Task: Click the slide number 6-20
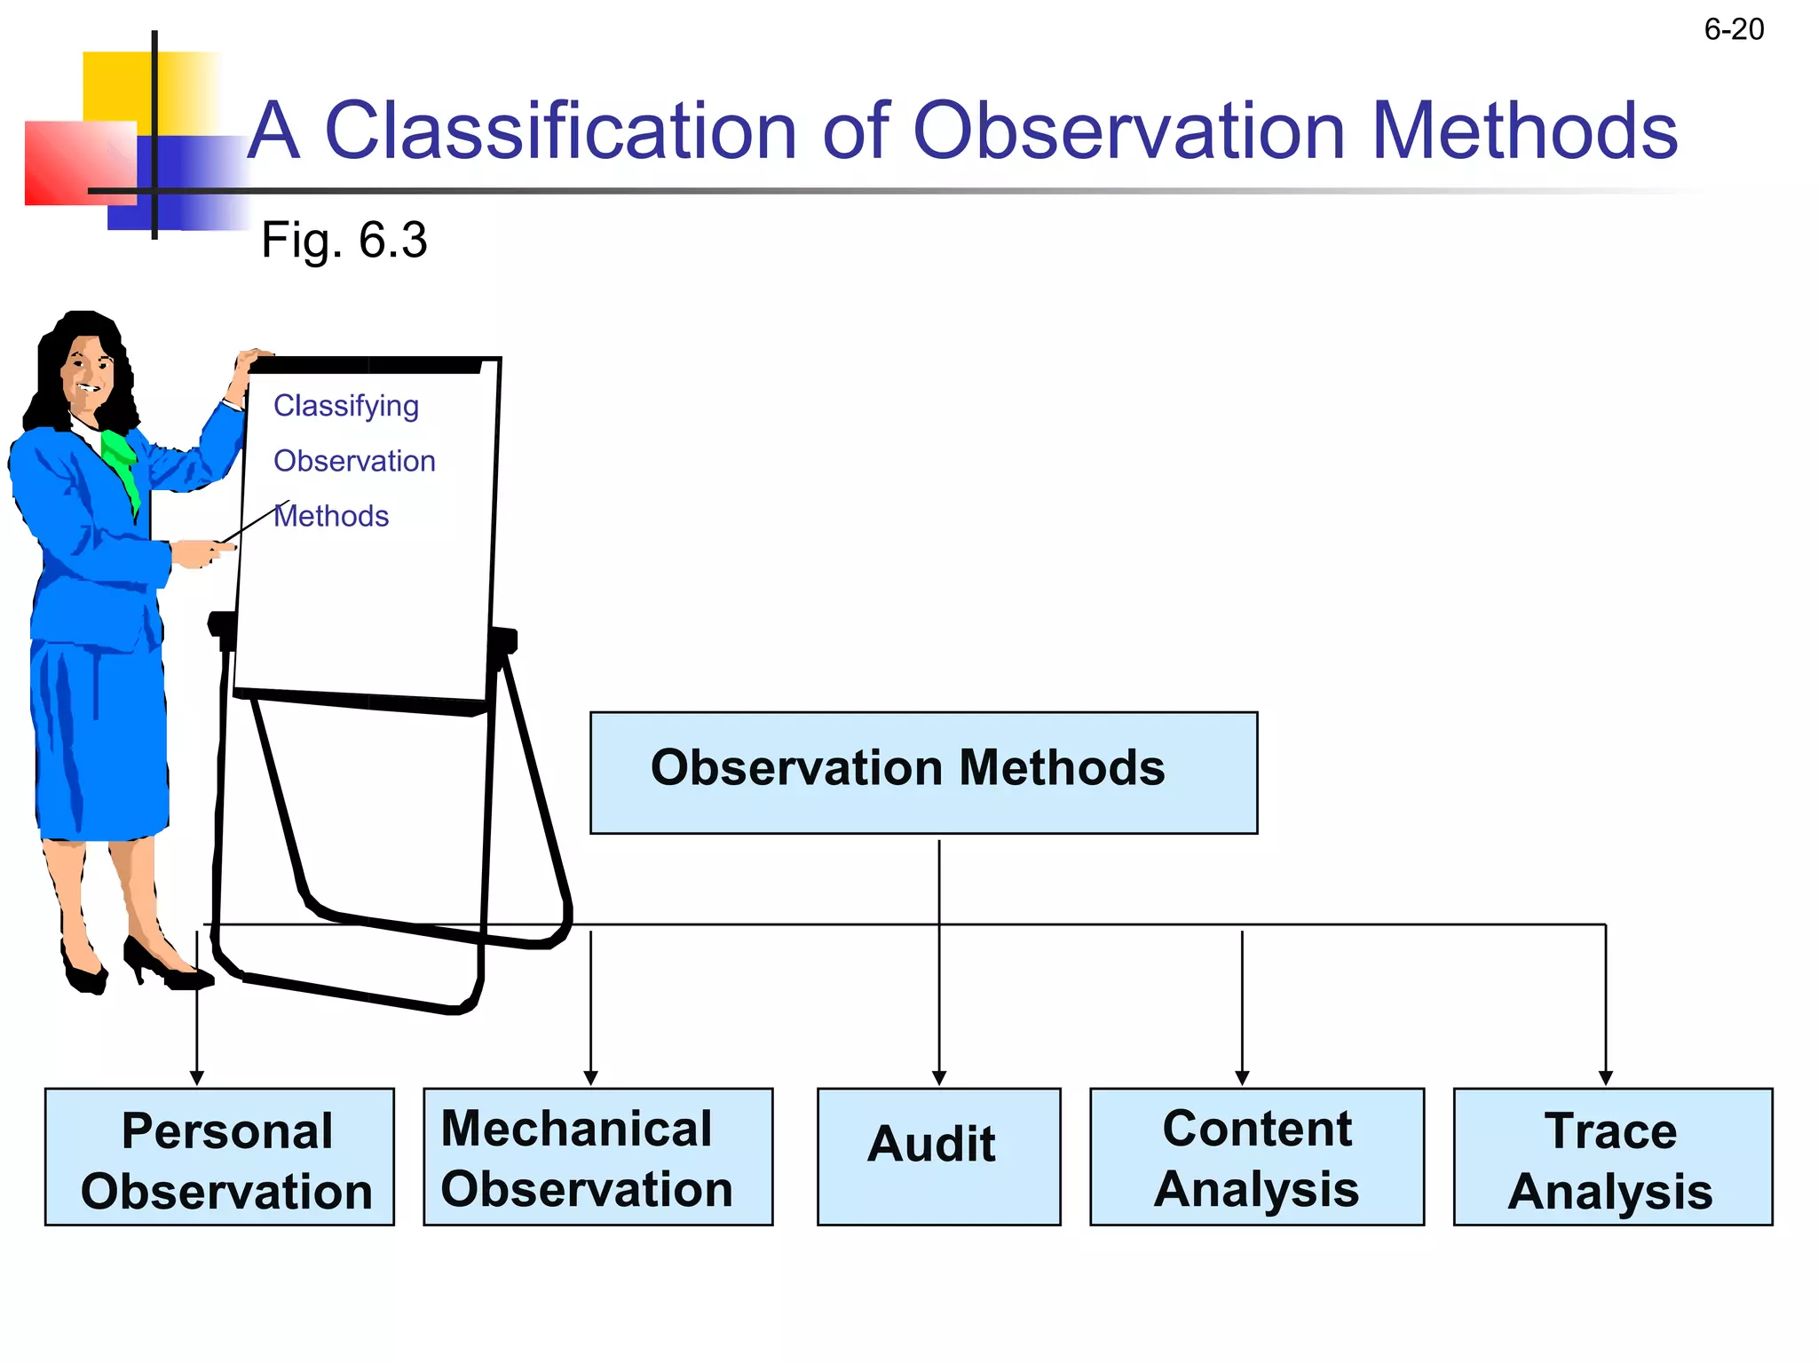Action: pos(1733,30)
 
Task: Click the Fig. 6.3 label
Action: pos(344,241)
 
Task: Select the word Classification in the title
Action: pos(561,131)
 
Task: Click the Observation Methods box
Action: pos(923,772)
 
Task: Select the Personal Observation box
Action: pos(219,1156)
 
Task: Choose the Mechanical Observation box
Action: pos(597,1156)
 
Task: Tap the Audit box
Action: pos(938,1156)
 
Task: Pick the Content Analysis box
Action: pos(1256,1156)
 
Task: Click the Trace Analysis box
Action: pos(1612,1156)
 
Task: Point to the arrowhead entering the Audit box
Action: pos(939,1078)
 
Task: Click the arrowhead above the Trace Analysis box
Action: pos(1605,1078)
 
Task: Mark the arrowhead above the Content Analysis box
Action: pos(1242,1078)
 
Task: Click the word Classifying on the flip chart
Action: pos(345,406)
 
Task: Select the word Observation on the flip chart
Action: pos(354,461)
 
